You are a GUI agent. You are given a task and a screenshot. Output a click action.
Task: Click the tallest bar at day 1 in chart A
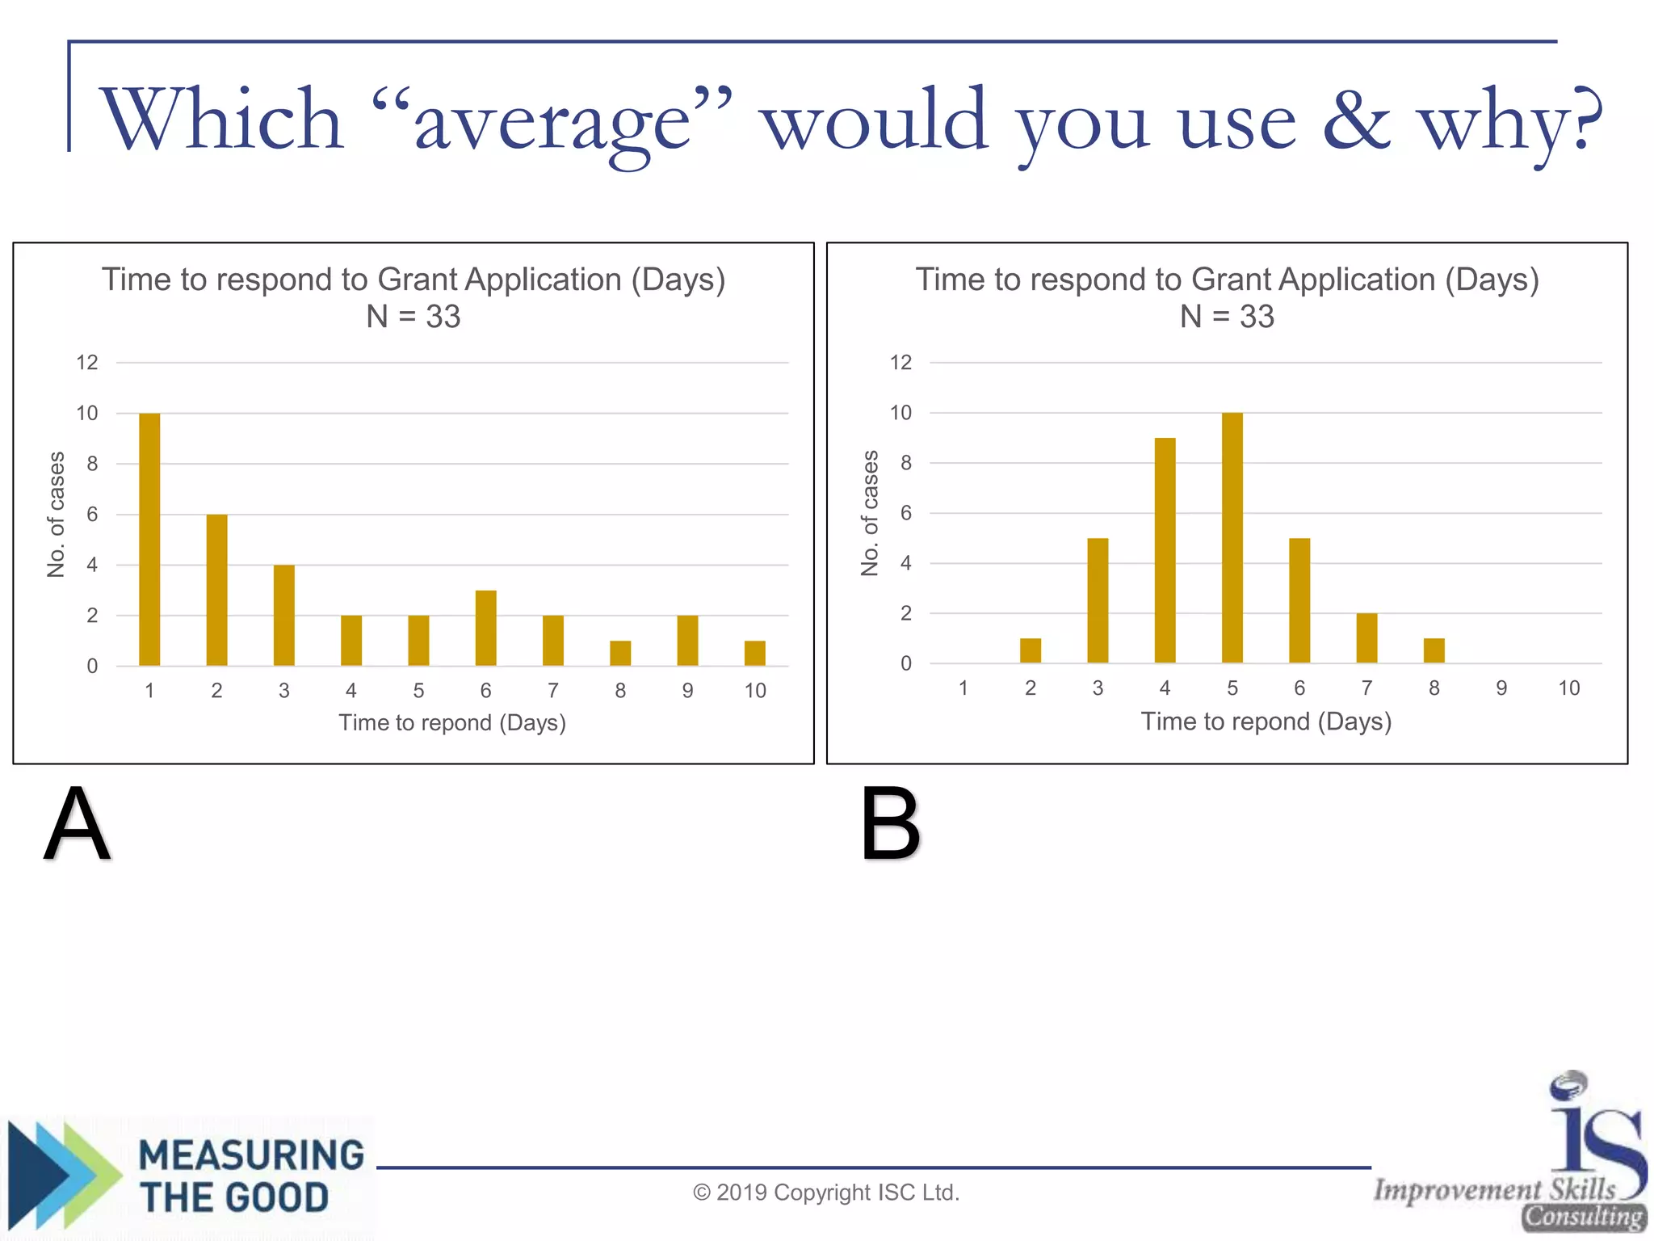[149, 539]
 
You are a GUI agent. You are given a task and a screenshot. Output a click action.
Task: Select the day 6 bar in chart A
[485, 628]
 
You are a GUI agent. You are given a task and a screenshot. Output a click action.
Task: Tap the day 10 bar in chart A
[754, 653]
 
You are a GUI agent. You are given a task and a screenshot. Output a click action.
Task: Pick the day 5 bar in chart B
[1232, 537]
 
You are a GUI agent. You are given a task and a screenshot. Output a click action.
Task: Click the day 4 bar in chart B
[1165, 550]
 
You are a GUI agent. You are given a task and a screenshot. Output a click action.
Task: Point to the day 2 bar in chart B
[1030, 650]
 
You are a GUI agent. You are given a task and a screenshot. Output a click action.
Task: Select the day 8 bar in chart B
[1434, 650]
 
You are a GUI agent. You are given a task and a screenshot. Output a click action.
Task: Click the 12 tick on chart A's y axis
[87, 363]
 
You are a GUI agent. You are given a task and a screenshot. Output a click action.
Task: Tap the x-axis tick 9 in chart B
[1501, 688]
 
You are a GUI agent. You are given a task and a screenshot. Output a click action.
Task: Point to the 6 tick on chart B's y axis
[906, 513]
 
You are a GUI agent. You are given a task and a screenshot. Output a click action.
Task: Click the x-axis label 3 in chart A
[283, 691]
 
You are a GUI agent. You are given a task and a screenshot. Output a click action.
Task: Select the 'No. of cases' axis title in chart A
[56, 515]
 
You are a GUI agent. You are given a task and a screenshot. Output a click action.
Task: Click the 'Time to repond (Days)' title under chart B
[1266, 721]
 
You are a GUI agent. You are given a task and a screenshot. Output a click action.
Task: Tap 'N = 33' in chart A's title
[413, 317]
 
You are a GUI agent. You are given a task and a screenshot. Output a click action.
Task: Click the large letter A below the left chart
[77, 824]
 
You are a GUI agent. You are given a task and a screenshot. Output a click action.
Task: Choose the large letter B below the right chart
[890, 824]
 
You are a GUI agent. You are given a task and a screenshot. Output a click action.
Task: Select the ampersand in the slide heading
[1356, 121]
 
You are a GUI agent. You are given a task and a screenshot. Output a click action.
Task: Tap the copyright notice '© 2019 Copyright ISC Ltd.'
[826, 1193]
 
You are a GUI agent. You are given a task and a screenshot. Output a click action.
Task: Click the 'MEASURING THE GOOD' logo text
[250, 1176]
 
